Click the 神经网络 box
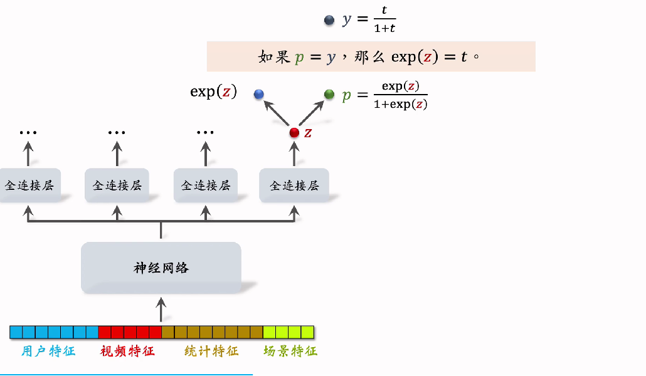(x=161, y=268)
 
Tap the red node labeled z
(x=294, y=133)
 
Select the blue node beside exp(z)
(x=259, y=94)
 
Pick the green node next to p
(x=329, y=94)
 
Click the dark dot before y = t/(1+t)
(x=329, y=21)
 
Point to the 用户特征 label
(x=48, y=351)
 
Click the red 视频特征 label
(x=127, y=351)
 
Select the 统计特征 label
(x=211, y=351)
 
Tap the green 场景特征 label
(x=290, y=351)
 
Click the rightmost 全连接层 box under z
(x=294, y=185)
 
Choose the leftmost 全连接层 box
(x=29, y=185)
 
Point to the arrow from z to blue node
(x=275, y=113)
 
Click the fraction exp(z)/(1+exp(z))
(x=400, y=95)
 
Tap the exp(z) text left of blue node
(x=213, y=92)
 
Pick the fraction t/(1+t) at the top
(x=384, y=21)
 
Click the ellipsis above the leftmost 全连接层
(x=28, y=133)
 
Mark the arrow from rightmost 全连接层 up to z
(x=294, y=154)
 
